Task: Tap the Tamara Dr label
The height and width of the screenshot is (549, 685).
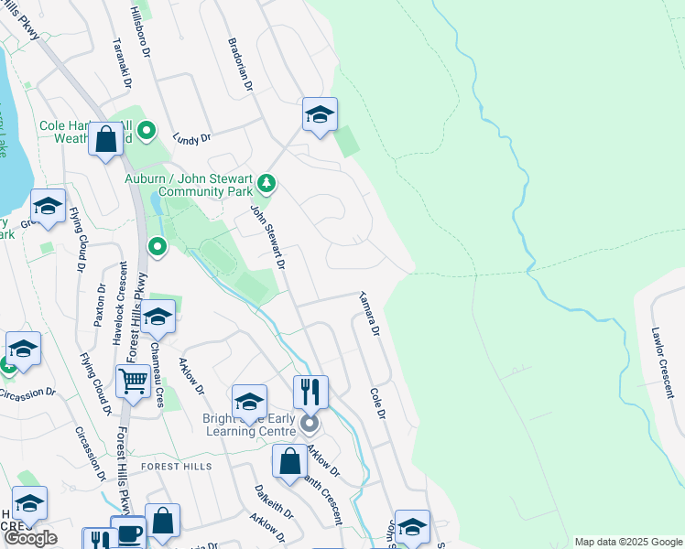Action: [x=370, y=314]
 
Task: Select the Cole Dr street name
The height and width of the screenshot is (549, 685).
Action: [x=375, y=404]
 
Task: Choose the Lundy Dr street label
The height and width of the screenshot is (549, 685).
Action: [x=192, y=138]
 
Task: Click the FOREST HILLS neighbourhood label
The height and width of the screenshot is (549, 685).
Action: [x=177, y=467]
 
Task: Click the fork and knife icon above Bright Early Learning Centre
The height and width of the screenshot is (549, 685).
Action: [x=310, y=392]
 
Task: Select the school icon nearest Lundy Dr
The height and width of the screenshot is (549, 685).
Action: [x=320, y=114]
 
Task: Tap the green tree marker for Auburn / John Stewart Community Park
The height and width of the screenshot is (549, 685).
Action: [x=266, y=184]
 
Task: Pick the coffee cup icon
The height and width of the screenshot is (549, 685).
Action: [x=128, y=533]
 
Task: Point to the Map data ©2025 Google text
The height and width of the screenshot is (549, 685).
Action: [x=627, y=542]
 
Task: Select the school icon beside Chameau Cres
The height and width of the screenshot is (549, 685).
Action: [x=158, y=317]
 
